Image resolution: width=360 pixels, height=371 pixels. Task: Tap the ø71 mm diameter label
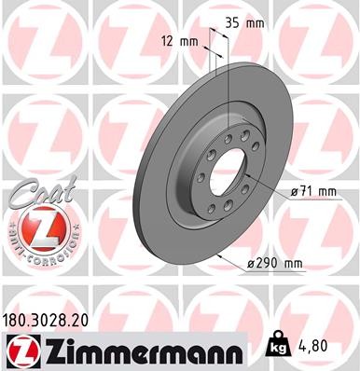[313, 192]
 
